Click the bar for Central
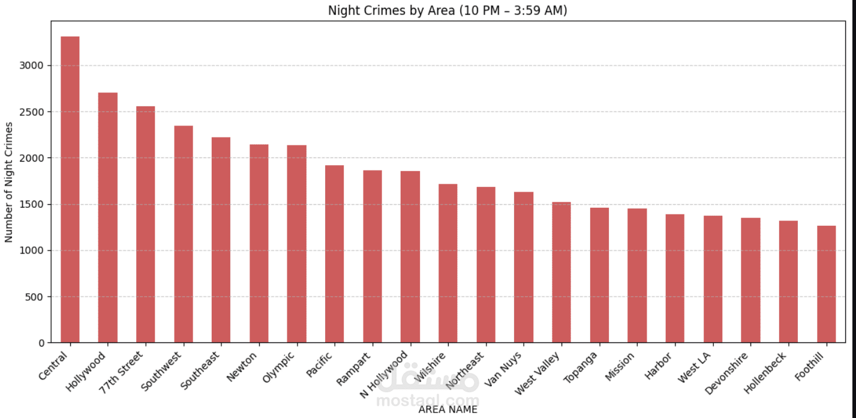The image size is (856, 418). [x=70, y=190]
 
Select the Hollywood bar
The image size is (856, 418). [x=108, y=217]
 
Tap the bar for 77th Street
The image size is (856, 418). [x=146, y=225]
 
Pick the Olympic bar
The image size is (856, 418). [x=297, y=244]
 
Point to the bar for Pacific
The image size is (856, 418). [x=334, y=254]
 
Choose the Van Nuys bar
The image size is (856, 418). [x=524, y=267]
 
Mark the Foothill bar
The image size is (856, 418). [x=827, y=284]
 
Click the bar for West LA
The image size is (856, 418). [x=713, y=279]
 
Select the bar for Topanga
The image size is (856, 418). [x=600, y=275]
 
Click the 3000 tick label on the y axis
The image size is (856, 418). [x=31, y=65]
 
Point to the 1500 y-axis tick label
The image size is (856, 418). [x=31, y=204]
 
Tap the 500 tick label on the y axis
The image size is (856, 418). [x=34, y=297]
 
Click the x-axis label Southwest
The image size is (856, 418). [x=161, y=371]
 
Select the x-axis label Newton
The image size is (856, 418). [x=242, y=367]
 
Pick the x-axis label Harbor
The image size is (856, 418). [x=658, y=366]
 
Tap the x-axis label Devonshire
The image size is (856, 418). [x=726, y=374]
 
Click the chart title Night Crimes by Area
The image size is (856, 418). [x=447, y=10]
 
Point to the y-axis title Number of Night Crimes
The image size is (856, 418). [x=8, y=182]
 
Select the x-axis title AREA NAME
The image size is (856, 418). [x=448, y=410]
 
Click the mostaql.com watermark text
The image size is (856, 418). [x=428, y=401]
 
